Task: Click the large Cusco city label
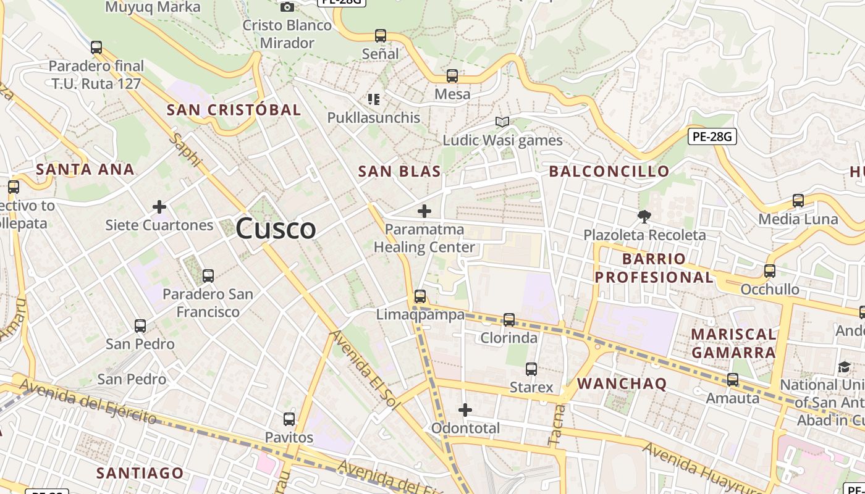(x=276, y=228)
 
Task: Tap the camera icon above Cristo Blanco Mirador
(x=287, y=7)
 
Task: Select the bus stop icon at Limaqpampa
(x=420, y=296)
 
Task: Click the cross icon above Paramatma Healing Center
(x=424, y=211)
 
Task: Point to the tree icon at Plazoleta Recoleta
(x=644, y=216)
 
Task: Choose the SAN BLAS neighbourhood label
(x=400, y=172)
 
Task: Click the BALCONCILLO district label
(x=609, y=172)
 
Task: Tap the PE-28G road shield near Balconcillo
(x=712, y=136)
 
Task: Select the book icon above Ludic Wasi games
(x=502, y=122)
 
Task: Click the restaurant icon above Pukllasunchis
(x=373, y=99)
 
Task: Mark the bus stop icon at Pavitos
(x=289, y=419)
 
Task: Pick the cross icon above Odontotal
(x=465, y=409)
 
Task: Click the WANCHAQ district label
(x=622, y=383)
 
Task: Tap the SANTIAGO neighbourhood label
(x=140, y=473)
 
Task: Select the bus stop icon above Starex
(x=531, y=369)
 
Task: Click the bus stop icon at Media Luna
(x=798, y=201)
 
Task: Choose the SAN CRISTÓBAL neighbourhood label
(x=234, y=110)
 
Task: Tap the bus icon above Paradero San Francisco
(x=208, y=275)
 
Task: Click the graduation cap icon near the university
(x=844, y=367)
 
